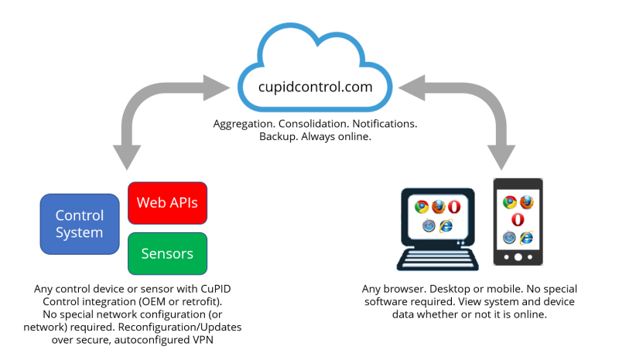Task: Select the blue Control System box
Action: tap(79, 223)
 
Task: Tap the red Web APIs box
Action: tap(167, 203)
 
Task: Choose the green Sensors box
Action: tap(167, 253)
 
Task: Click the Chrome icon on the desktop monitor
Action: tap(422, 207)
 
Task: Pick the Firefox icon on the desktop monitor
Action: tap(439, 207)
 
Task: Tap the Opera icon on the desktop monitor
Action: tap(455, 207)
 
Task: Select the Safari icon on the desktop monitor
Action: tap(429, 225)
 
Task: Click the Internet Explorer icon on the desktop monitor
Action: tap(446, 225)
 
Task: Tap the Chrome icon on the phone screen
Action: tap(510, 202)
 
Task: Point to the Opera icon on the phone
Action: tap(518, 219)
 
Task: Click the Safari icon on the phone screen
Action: tap(510, 237)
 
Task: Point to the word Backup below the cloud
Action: tap(271, 137)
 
